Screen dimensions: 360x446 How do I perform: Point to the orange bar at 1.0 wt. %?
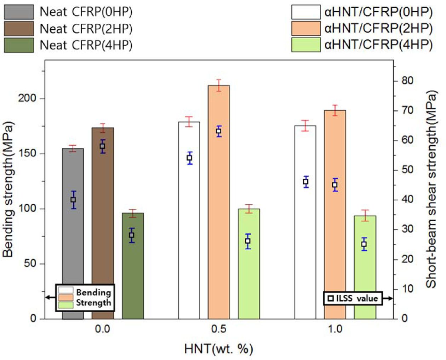(335, 230)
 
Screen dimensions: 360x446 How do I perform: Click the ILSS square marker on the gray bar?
(73, 200)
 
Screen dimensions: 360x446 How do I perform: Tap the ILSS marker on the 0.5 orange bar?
(219, 131)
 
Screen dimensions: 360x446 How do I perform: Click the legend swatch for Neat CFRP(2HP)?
(19, 29)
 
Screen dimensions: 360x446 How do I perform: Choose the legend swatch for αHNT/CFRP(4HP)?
(306, 45)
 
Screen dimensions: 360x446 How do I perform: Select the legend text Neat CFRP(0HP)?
(86, 12)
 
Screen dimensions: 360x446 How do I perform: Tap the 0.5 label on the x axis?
(219, 329)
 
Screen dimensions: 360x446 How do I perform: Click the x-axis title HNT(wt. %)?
(219, 349)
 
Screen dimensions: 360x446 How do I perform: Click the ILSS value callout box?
(353, 298)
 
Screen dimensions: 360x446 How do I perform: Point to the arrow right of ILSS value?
(388, 298)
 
